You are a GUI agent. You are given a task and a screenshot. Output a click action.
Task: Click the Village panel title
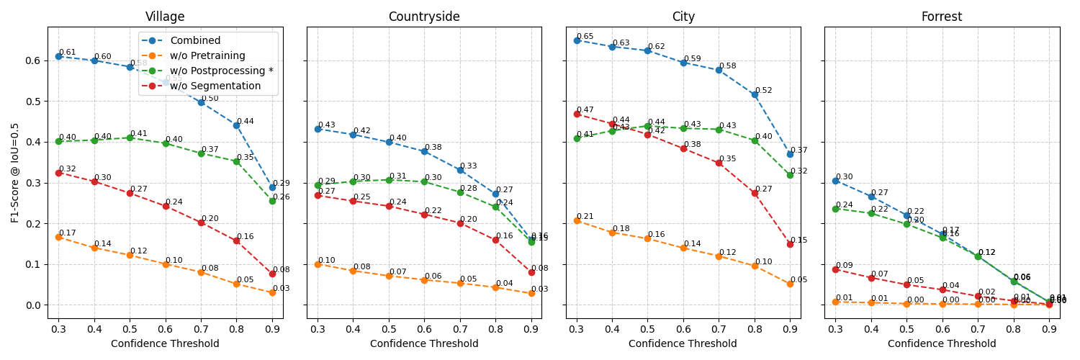click(165, 17)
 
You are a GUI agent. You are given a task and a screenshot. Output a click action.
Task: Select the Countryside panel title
click(424, 17)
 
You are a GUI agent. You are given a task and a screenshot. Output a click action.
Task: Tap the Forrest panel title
click(942, 17)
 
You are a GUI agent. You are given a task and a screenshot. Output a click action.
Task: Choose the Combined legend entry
click(196, 41)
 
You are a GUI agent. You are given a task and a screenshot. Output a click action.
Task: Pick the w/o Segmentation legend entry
click(215, 86)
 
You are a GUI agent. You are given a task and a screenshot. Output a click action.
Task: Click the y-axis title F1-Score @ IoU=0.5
click(15, 172)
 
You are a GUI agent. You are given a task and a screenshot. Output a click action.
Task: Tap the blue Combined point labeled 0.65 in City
click(577, 40)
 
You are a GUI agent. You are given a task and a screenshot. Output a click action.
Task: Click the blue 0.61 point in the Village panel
click(58, 56)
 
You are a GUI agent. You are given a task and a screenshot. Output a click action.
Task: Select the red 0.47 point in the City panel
click(577, 114)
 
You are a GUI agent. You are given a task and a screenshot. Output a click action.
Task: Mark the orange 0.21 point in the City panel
click(577, 220)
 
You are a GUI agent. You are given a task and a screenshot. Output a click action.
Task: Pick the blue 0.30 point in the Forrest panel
click(835, 181)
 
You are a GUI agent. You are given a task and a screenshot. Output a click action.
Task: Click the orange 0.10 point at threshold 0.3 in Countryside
click(318, 264)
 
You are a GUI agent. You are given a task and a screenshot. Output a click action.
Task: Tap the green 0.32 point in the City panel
click(790, 175)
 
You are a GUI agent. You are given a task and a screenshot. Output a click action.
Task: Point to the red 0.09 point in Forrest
click(835, 269)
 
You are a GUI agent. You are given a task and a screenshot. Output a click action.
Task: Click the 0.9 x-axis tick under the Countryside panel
click(531, 329)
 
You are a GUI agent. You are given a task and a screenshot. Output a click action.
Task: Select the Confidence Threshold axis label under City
click(683, 344)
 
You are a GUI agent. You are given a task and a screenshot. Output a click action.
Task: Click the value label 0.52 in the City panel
click(763, 91)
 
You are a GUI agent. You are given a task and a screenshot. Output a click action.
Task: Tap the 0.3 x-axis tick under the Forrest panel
click(835, 329)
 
